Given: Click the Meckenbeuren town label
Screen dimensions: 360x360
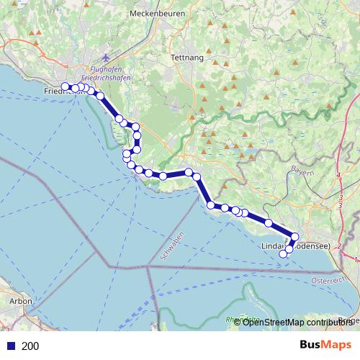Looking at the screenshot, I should click(158, 13).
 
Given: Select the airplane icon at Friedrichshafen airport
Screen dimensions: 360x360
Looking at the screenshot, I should click(107, 57).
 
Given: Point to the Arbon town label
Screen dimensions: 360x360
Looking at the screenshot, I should click(19, 302).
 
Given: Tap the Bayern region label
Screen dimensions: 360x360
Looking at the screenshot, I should click(303, 171).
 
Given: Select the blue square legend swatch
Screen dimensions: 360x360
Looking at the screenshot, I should click(10, 346).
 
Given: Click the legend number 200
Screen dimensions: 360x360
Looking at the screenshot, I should click(30, 346).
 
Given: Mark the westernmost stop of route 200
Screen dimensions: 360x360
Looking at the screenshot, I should click(65, 87).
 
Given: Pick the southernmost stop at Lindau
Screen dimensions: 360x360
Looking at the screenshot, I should click(284, 254).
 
